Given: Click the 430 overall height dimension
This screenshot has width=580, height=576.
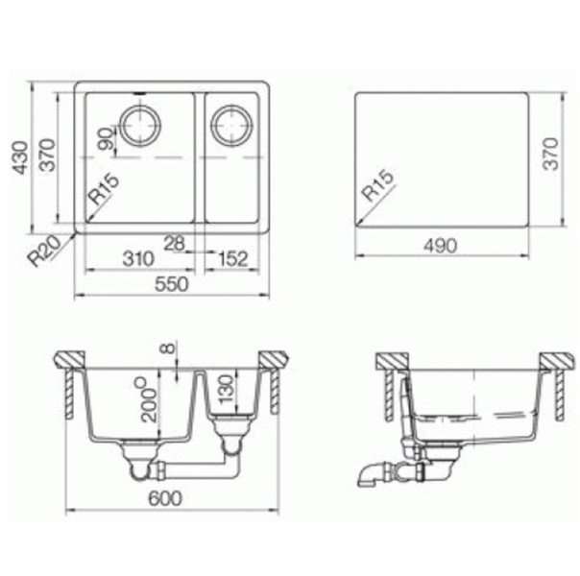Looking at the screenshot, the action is click(x=20, y=157).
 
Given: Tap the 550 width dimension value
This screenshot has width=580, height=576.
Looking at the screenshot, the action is click(x=171, y=284).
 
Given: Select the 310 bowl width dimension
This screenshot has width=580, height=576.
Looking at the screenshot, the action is click(x=138, y=258).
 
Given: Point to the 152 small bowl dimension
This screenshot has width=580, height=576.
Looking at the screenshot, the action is click(x=233, y=258).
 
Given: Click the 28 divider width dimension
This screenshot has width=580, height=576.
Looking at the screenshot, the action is click(x=174, y=243).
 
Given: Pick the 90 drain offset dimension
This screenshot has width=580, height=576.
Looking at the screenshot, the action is click(x=106, y=138).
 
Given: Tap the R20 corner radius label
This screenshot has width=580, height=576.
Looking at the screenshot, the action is click(x=44, y=251).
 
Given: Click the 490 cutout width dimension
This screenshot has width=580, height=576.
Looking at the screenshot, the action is click(x=440, y=246).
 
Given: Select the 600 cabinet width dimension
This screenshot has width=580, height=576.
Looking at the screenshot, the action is click(x=165, y=498).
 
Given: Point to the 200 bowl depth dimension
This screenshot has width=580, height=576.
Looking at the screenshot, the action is click(x=149, y=399).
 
